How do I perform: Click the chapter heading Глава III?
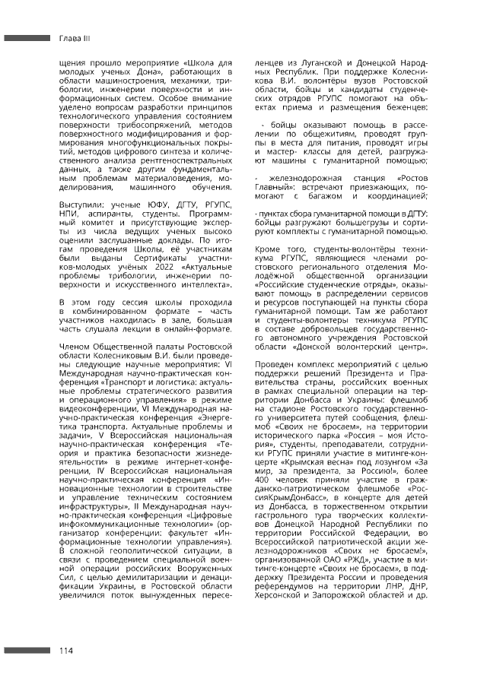[75, 36]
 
